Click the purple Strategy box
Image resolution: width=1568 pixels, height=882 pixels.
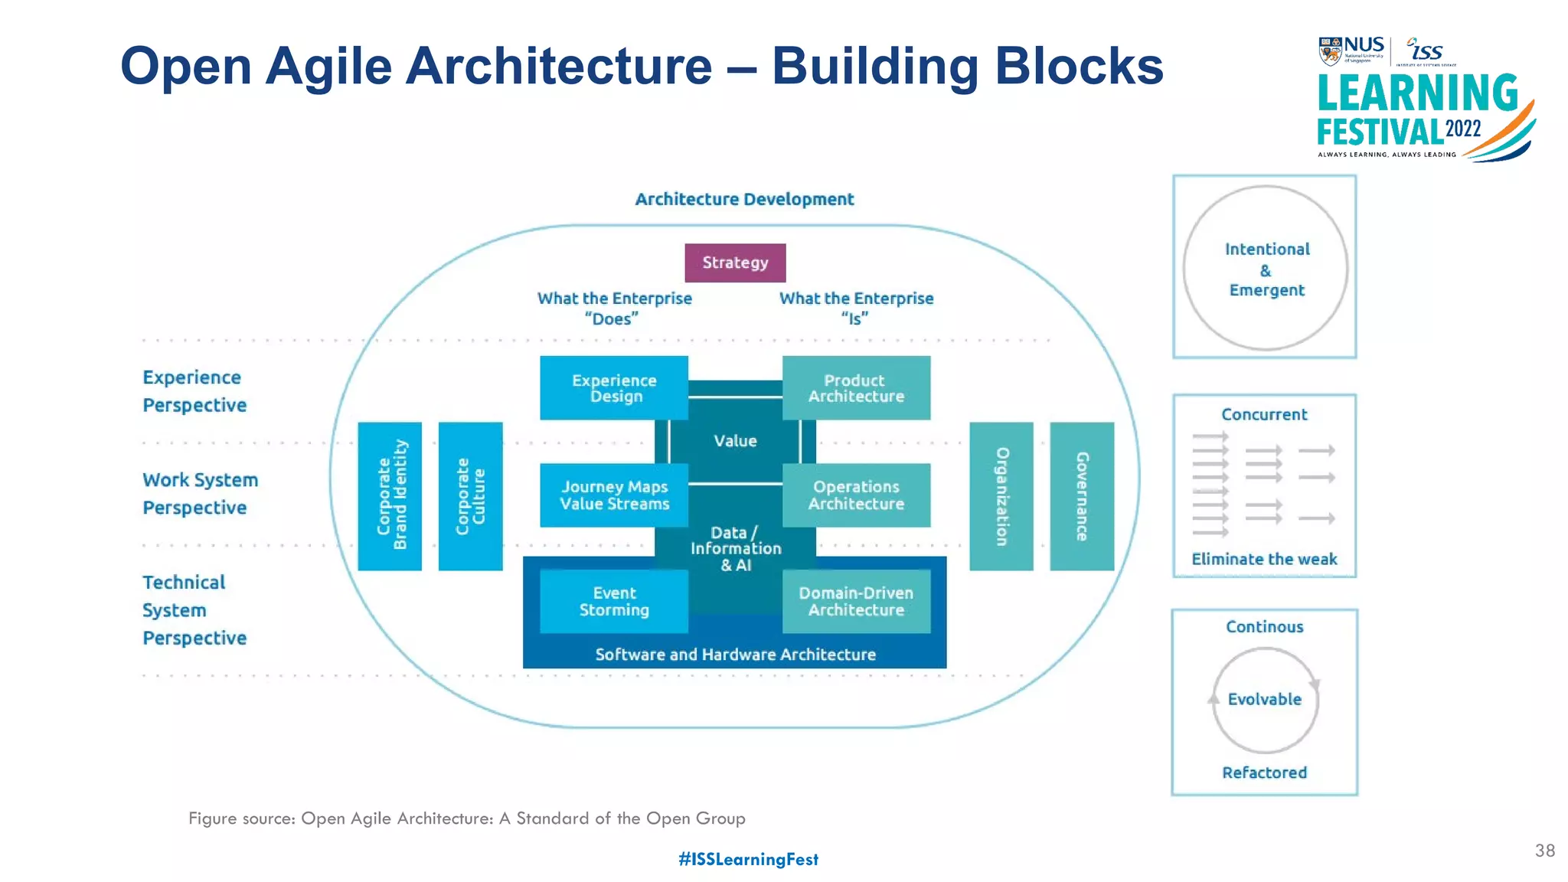click(735, 263)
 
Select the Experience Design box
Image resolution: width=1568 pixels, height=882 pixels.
click(614, 388)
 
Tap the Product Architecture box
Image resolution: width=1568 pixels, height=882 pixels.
click(856, 388)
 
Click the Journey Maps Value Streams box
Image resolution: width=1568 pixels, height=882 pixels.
click(614, 495)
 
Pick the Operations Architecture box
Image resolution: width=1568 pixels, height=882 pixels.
click(856, 495)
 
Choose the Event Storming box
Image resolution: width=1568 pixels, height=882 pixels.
click(614, 602)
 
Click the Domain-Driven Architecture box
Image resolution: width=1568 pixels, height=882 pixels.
click(856, 602)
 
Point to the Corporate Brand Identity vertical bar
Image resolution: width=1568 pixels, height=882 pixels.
click(390, 496)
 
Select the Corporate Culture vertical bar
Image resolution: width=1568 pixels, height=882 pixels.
click(470, 496)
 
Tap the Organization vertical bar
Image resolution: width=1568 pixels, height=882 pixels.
click(1001, 496)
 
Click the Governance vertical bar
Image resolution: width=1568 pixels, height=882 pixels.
click(1082, 496)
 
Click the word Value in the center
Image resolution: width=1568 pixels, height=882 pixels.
click(735, 441)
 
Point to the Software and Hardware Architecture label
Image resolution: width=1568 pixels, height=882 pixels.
click(735, 655)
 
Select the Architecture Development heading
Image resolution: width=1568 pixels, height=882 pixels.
click(744, 199)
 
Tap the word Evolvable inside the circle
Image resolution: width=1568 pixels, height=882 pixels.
click(1265, 700)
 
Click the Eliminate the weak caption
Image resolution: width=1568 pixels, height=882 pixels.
click(1264, 560)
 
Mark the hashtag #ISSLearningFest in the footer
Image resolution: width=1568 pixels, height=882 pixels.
click(748, 860)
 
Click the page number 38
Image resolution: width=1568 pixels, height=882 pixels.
click(1545, 851)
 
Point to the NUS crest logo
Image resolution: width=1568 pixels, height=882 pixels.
click(1331, 51)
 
